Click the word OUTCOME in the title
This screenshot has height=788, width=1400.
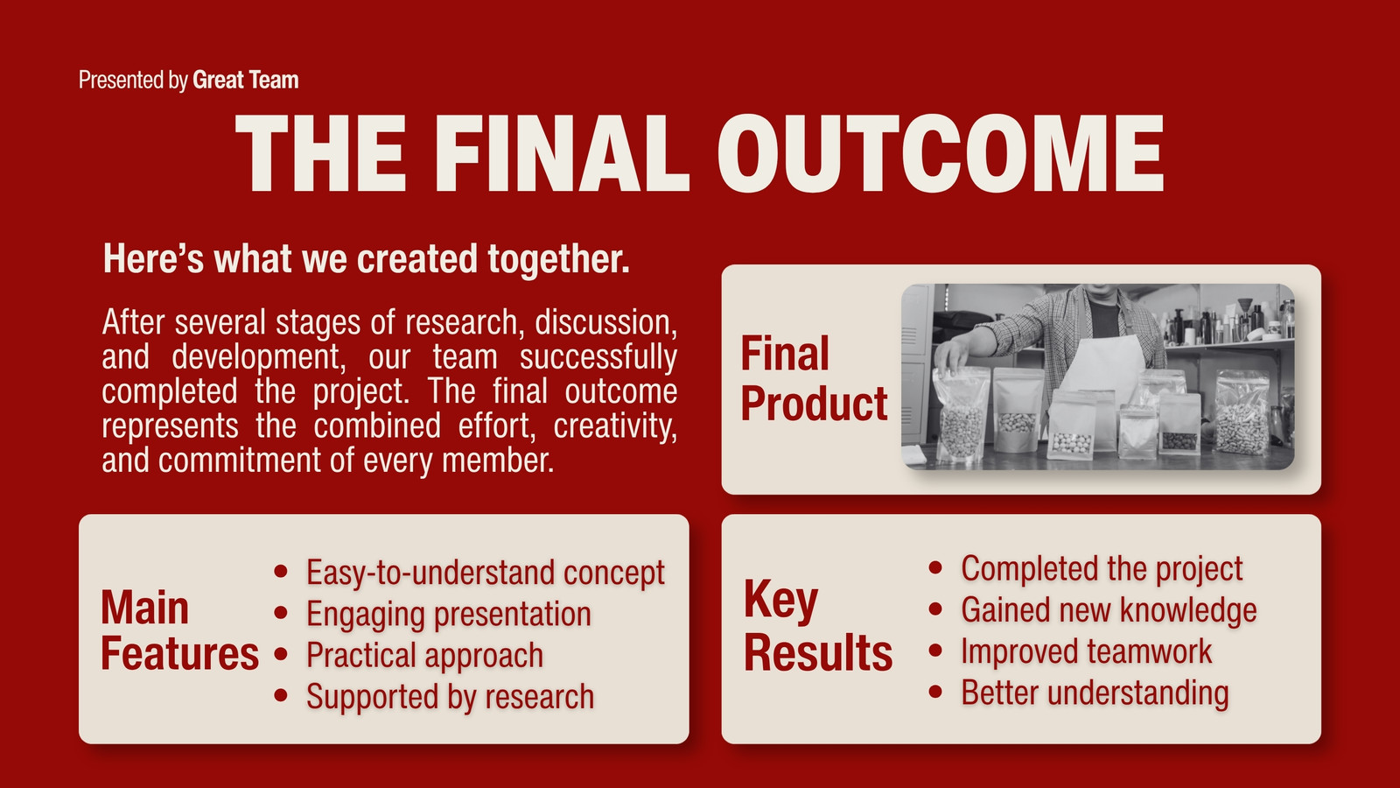pyautogui.click(x=940, y=153)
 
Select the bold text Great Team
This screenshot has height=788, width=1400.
pyautogui.click(x=246, y=80)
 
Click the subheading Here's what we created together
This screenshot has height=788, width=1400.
pyautogui.click(x=367, y=259)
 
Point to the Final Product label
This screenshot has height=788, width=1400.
pyautogui.click(x=814, y=378)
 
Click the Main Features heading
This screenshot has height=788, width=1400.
pyautogui.click(x=179, y=630)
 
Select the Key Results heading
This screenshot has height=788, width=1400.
pyautogui.click(x=817, y=625)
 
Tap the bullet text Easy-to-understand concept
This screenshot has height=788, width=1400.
pyautogui.click(x=485, y=573)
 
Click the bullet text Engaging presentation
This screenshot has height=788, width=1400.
pyautogui.click(x=448, y=614)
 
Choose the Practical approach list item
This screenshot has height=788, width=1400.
pyautogui.click(x=424, y=656)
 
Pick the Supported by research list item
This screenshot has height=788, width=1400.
pyautogui.click(x=450, y=697)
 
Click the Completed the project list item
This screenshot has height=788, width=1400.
pyautogui.click(x=1102, y=569)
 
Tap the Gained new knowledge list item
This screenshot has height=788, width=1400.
pyautogui.click(x=1109, y=610)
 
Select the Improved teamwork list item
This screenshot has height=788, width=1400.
pyautogui.click(x=1086, y=651)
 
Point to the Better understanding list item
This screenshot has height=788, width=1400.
pyautogui.click(x=1095, y=693)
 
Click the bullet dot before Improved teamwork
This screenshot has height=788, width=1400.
pyautogui.click(x=935, y=651)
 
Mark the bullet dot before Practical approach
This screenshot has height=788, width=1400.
pyautogui.click(x=281, y=654)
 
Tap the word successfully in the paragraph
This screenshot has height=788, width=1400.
pyautogui.click(x=598, y=357)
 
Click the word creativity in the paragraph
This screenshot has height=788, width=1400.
pyautogui.click(x=615, y=426)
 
